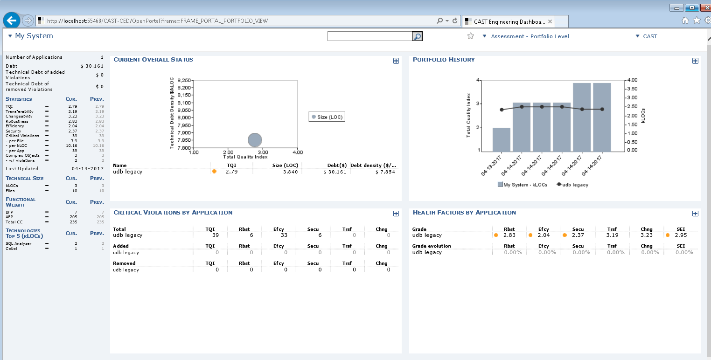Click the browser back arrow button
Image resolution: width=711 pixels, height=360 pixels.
11,21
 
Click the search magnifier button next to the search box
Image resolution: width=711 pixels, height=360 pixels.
417,36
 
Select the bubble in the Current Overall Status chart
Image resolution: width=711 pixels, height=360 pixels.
255,139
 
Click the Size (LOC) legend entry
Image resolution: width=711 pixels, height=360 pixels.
327,117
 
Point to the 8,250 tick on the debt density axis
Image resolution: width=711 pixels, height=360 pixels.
185,80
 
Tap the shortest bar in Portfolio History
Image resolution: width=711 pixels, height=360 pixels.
501,139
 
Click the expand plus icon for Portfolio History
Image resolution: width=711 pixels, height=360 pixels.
695,61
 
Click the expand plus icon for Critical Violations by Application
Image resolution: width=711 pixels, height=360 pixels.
396,214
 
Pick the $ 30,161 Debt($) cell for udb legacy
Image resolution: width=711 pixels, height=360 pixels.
335,172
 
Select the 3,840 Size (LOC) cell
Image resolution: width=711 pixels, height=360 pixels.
290,172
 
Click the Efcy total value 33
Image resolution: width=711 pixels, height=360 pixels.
284,235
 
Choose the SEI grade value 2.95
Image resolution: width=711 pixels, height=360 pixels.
681,235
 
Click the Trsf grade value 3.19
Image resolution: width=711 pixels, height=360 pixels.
612,235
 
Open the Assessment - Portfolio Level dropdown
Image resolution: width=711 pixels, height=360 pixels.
526,36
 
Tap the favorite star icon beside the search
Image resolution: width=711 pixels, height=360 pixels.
471,36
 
